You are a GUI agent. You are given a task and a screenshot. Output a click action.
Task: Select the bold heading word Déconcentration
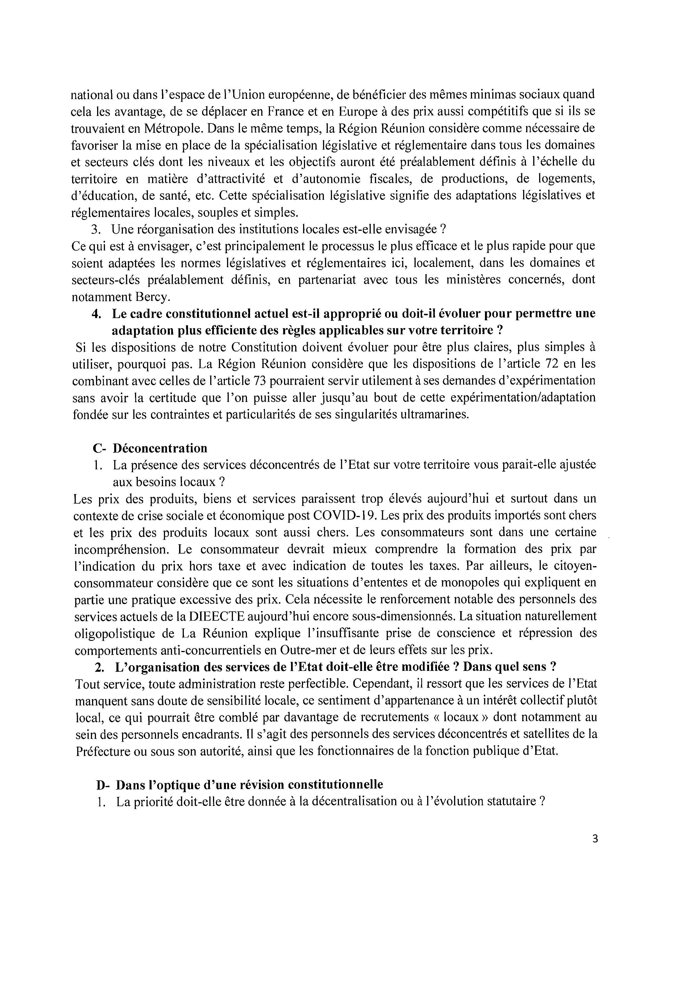tap(160, 448)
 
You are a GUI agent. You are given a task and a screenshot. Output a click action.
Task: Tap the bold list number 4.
tap(96, 314)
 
